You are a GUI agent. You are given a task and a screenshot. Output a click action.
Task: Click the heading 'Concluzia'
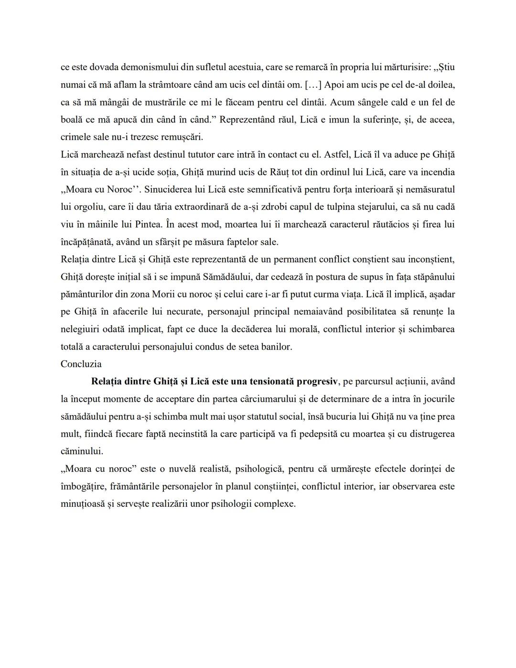pyautogui.click(x=81, y=364)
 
